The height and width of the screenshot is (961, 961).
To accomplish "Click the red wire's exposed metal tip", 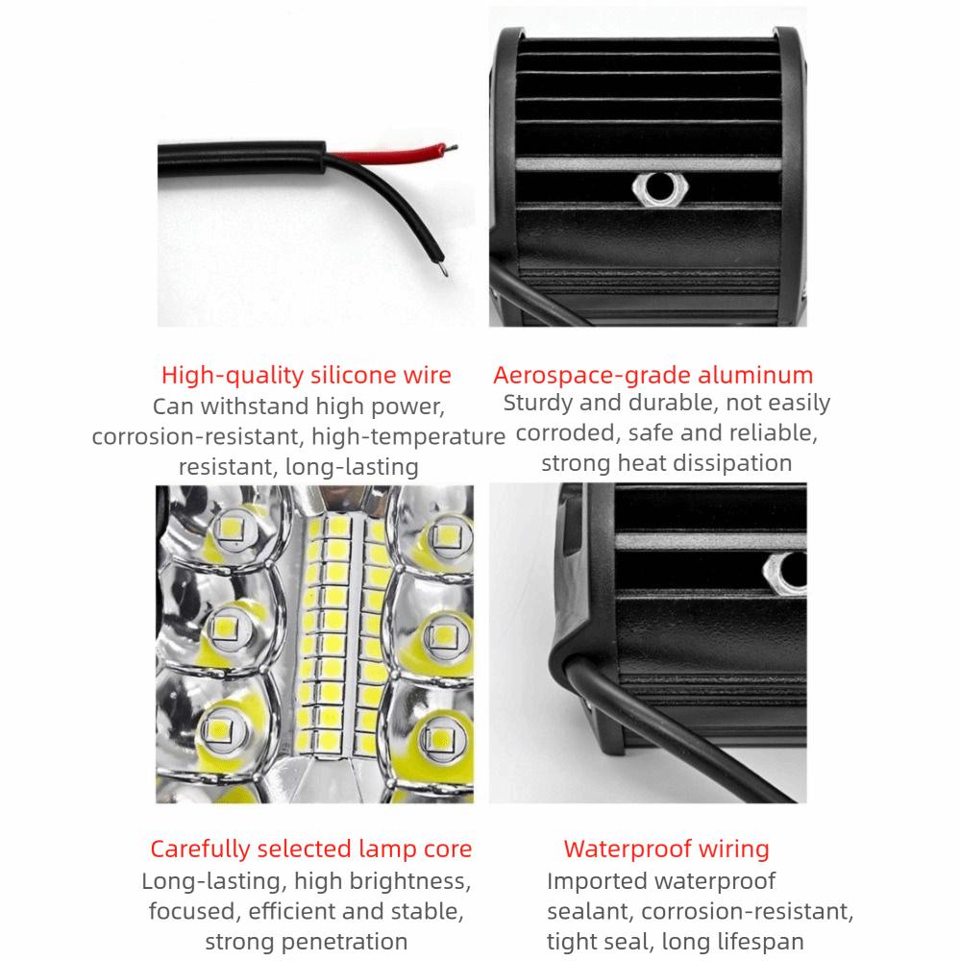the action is (452, 147).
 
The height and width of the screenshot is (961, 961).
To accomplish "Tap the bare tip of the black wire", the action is (444, 269).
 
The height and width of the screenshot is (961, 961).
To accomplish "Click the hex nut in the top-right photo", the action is (660, 188).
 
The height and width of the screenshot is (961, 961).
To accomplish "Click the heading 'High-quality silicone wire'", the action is (306, 375).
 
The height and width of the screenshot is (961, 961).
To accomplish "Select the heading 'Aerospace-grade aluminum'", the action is (653, 375).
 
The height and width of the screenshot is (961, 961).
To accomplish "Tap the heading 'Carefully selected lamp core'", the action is (310, 849).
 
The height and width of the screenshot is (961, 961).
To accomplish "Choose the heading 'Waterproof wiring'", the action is (666, 849).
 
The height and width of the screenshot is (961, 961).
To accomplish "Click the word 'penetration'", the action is (341, 942).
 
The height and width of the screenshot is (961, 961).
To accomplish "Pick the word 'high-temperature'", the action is (408, 436).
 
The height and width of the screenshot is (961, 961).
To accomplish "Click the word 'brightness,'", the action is (382, 881).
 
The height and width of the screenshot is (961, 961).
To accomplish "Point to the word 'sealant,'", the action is (590, 911).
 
